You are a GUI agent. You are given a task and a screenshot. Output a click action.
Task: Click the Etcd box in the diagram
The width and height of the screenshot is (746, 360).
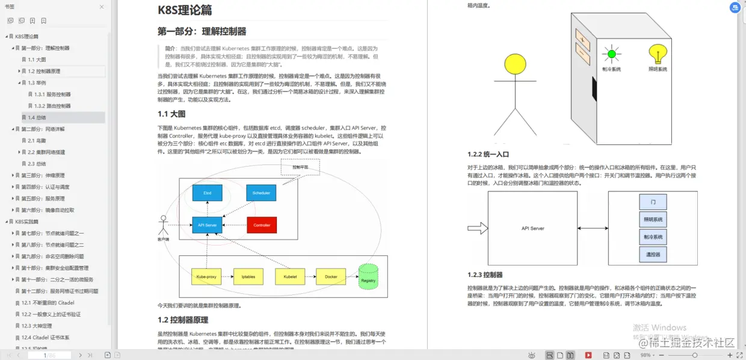click(208, 193)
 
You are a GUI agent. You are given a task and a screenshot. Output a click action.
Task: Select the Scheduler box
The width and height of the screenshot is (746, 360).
click(261, 193)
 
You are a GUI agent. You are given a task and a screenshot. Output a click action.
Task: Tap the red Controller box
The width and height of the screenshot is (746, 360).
click(262, 225)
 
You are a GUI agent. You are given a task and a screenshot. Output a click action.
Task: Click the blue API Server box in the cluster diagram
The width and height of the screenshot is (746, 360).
click(207, 225)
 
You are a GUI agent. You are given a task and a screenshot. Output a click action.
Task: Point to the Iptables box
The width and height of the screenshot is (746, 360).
click(248, 277)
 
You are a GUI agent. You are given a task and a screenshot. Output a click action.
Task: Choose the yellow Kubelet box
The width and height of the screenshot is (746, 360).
click(290, 277)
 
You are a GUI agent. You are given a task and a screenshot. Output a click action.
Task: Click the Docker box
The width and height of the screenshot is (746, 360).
click(331, 277)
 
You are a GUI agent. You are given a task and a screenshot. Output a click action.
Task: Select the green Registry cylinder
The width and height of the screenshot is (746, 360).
click(368, 278)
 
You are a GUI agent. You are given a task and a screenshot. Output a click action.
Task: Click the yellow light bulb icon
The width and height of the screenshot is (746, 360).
click(658, 54)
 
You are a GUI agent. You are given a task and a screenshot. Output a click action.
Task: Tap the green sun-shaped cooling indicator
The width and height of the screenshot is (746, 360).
click(612, 54)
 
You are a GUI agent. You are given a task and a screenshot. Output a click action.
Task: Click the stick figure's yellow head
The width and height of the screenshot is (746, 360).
click(515, 64)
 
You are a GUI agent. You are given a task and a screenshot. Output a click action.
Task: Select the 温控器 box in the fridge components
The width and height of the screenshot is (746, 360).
click(653, 255)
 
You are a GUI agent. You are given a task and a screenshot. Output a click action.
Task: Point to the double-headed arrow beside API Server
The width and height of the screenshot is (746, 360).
click(593, 228)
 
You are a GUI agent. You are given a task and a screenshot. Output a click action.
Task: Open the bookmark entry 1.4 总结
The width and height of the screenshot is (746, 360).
click(37, 117)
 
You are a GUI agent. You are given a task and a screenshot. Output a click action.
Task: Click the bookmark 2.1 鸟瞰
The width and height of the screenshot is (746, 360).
click(37, 140)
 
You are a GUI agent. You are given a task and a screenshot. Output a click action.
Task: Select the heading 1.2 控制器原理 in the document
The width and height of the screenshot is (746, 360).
click(183, 320)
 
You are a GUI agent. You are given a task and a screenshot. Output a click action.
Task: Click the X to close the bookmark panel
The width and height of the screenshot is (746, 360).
click(101, 7)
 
